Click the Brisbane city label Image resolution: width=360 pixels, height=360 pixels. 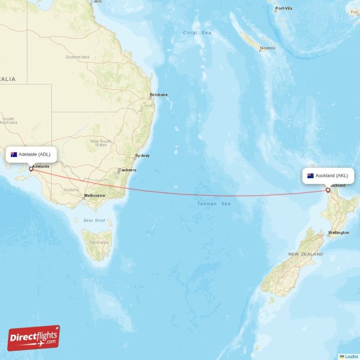tap(159, 94)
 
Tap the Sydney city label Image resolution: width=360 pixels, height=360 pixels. tap(142, 156)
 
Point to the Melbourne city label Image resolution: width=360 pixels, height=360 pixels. tap(94, 195)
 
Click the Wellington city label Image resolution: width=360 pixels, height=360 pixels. tap(338, 233)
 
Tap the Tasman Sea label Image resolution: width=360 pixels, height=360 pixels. tap(214, 204)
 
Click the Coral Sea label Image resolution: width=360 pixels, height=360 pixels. tap(197, 32)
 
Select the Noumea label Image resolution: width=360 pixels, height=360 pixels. tap(267, 48)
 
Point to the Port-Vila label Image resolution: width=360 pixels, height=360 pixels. tap(283, 9)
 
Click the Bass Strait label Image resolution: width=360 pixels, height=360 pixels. tap(94, 220)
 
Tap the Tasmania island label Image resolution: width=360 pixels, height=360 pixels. tap(98, 243)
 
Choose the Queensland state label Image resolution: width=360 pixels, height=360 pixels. tap(77, 57)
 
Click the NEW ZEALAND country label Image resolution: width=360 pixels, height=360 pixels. tap(306, 254)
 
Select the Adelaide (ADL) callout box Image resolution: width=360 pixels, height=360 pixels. tap(31, 154)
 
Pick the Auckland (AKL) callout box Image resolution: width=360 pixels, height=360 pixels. tap(328, 175)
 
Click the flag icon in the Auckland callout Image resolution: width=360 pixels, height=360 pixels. tap(310, 175)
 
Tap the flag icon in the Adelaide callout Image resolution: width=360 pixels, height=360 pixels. tap(14, 154)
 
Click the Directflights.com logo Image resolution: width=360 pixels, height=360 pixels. tap(34, 337)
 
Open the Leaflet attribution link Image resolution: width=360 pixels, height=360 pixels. tap(351, 356)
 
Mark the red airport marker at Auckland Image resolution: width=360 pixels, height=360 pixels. tap(328, 190)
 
